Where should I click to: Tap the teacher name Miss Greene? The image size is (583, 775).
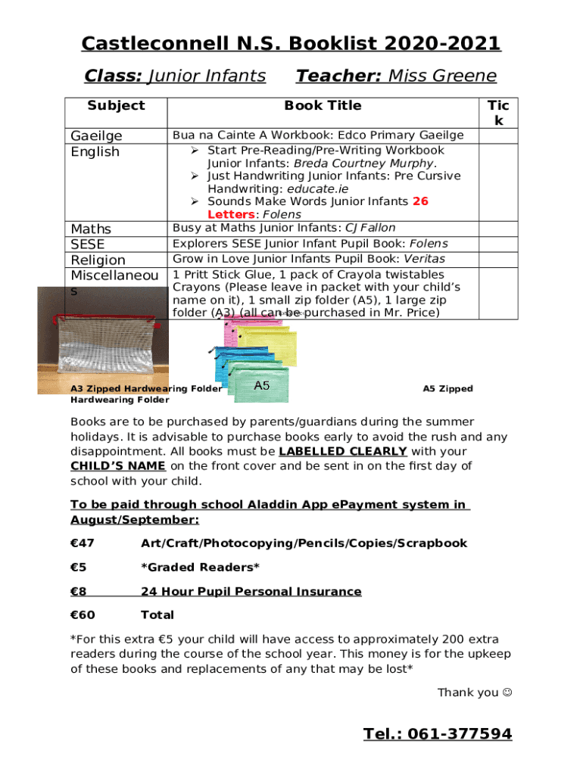point(442,76)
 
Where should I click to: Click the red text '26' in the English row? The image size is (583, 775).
point(421,201)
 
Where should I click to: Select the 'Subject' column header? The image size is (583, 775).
point(116,105)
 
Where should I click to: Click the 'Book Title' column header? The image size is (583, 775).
point(323,105)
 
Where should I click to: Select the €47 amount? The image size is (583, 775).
point(82,543)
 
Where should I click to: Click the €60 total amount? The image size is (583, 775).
point(83,615)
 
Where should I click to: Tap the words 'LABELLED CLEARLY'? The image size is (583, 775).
point(343,452)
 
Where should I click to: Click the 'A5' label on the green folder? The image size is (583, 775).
point(262,386)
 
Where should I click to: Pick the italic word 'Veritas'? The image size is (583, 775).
point(424,259)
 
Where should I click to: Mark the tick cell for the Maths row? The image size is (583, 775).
point(498,228)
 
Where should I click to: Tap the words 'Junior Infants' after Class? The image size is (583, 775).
point(206,76)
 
